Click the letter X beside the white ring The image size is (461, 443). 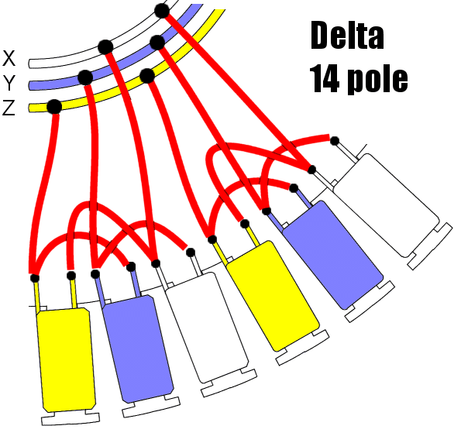[x=9, y=58]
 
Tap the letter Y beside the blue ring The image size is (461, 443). [x=9, y=83]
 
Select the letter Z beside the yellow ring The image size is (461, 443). [x=9, y=108]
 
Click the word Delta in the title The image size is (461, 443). [x=347, y=36]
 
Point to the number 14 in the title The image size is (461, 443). [x=324, y=78]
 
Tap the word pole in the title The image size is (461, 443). [x=377, y=79]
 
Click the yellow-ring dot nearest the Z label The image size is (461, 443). [x=54, y=106]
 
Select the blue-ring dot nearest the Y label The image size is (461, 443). [x=85, y=77]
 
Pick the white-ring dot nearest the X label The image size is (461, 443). [x=105, y=47]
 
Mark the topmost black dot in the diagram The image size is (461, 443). [x=162, y=11]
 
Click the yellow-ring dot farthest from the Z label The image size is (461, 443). [x=147, y=76]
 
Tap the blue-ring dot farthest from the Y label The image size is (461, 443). [x=157, y=43]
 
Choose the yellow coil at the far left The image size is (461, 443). [x=66, y=359]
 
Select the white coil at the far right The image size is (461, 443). [x=387, y=205]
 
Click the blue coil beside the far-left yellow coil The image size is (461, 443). [x=138, y=349]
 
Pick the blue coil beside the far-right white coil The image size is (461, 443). [x=332, y=255]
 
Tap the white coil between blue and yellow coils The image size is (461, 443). [x=207, y=328]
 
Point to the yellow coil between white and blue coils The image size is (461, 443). [x=273, y=296]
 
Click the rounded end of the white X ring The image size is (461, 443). [x=30, y=64]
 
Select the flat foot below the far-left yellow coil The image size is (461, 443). [x=71, y=418]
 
